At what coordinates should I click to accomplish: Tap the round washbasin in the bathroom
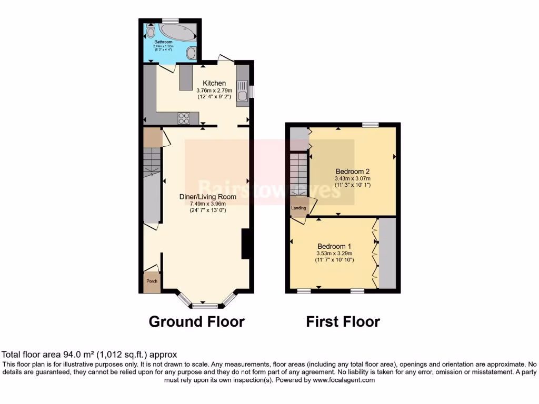pos(191,53)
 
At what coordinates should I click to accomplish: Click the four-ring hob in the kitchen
pos(184,119)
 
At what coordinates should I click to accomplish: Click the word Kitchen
pos(215,83)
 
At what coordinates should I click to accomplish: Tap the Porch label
pos(152,281)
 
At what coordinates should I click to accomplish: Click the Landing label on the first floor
pos(299,208)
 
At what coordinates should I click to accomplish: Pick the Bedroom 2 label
pos(353,171)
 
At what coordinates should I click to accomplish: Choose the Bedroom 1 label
pos(334,246)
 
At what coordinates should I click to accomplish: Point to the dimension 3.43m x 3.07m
pos(353,178)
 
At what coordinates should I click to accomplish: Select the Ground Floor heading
pos(196,321)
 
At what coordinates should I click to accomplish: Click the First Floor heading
pos(343,321)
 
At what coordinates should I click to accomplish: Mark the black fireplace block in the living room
pos(245,244)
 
